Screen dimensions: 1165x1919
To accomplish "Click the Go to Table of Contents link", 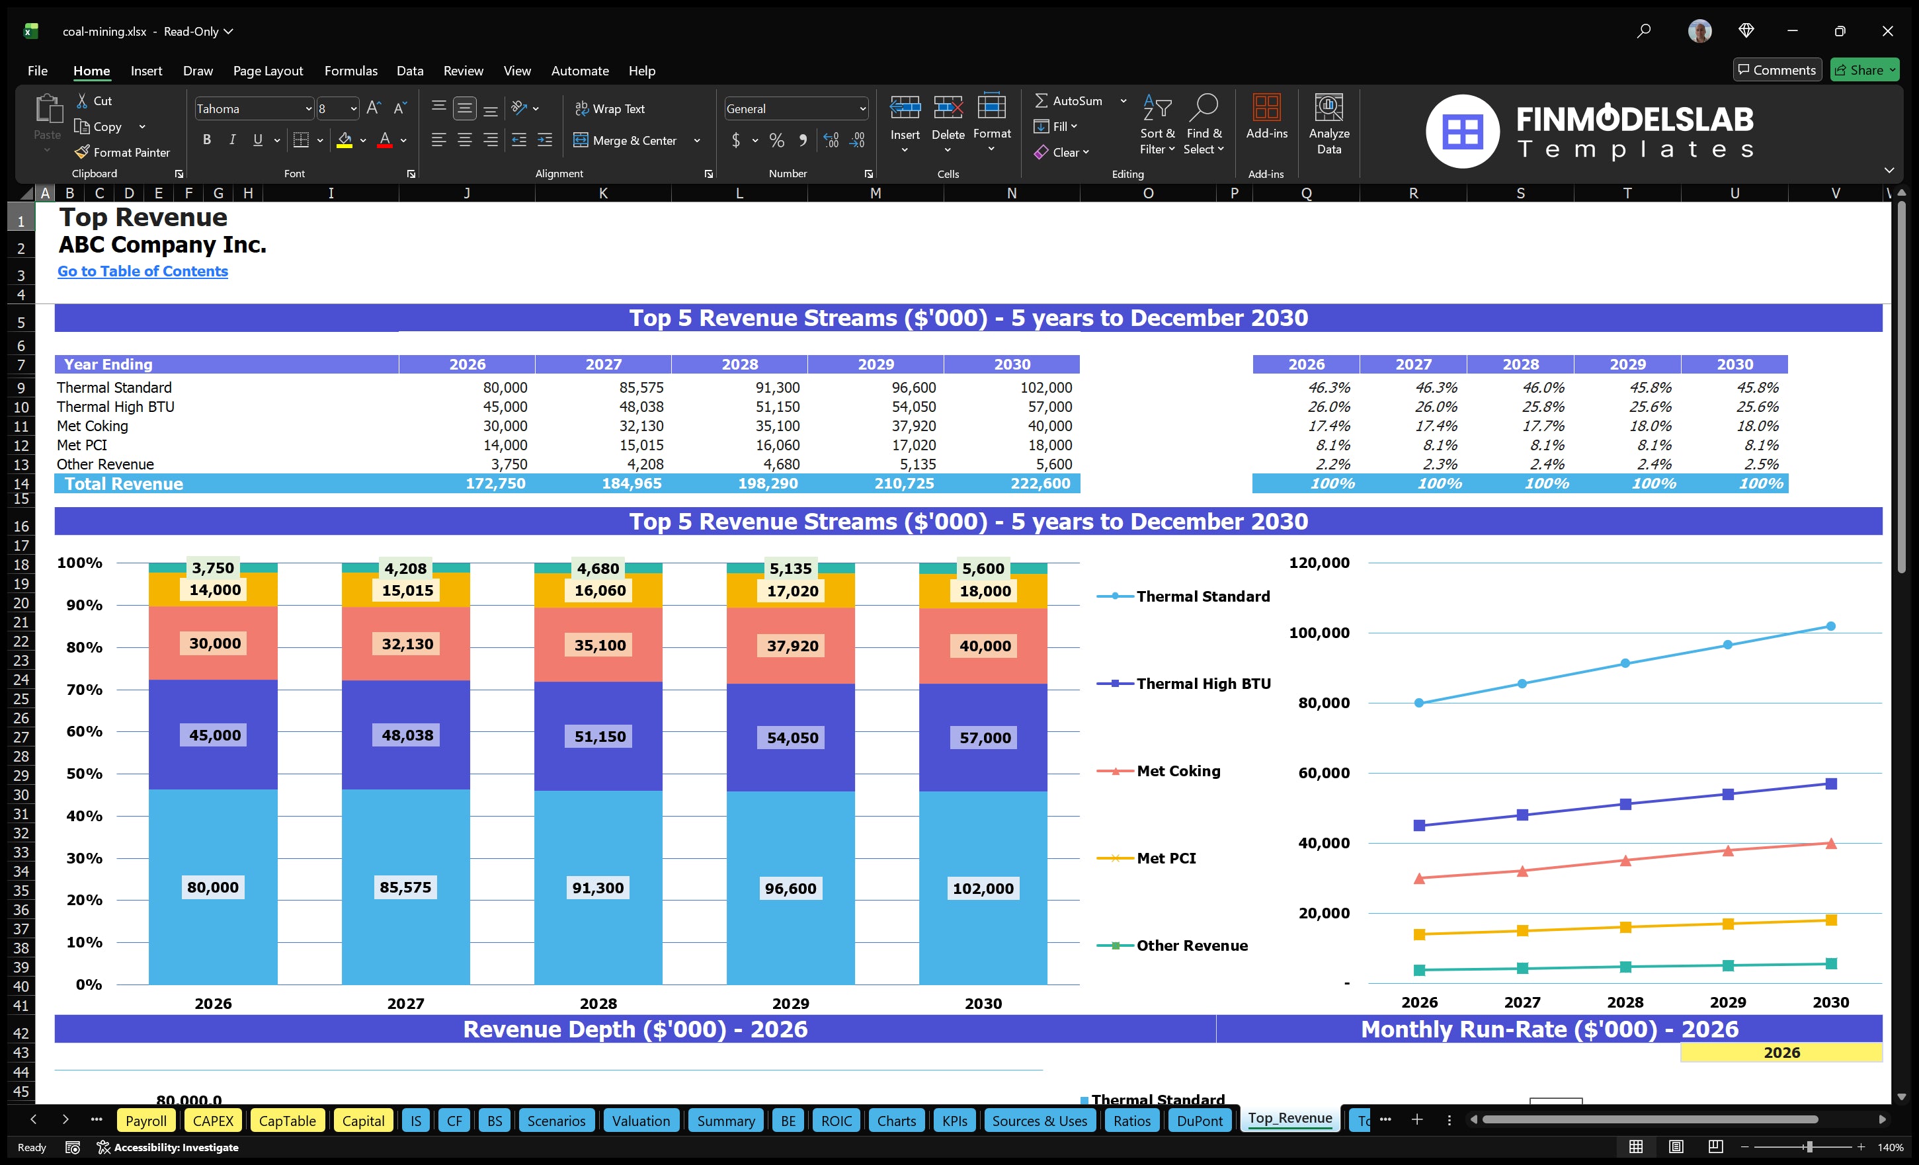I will (143, 271).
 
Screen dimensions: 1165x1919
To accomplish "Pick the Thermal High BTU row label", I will (115, 407).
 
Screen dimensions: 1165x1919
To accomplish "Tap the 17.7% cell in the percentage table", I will (1543, 426).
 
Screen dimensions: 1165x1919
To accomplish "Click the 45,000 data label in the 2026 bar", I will (215, 735).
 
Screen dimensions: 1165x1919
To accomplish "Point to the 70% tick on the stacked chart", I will (84, 689).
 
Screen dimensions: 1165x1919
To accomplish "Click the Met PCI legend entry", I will (1166, 858).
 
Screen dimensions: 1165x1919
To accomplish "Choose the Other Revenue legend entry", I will (1192, 945).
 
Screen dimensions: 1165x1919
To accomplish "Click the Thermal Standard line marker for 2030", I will (1831, 626).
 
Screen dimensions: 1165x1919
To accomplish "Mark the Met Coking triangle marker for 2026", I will (1419, 879).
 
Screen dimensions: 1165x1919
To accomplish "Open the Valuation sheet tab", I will (640, 1121).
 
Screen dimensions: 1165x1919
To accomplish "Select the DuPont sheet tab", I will (1200, 1121).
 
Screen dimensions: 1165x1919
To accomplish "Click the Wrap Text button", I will (610, 109).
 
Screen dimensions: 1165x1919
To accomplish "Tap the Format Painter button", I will (122, 153).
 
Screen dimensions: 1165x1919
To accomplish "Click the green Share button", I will (1863, 70).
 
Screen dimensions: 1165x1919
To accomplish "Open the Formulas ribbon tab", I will (350, 71).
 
